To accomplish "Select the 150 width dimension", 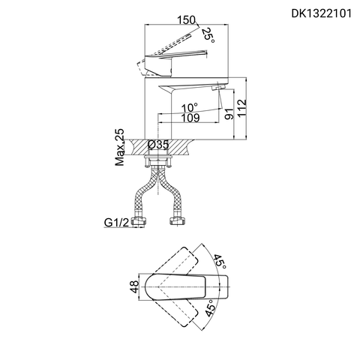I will tap(187, 20).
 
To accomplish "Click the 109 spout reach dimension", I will tap(191, 118).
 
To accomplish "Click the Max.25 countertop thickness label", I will tap(119, 147).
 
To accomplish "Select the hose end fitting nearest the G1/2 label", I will tap(138, 223).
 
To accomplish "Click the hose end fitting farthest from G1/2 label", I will tap(180, 223).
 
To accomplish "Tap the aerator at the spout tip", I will tap(217, 89).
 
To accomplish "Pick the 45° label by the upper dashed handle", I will tap(219, 262).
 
